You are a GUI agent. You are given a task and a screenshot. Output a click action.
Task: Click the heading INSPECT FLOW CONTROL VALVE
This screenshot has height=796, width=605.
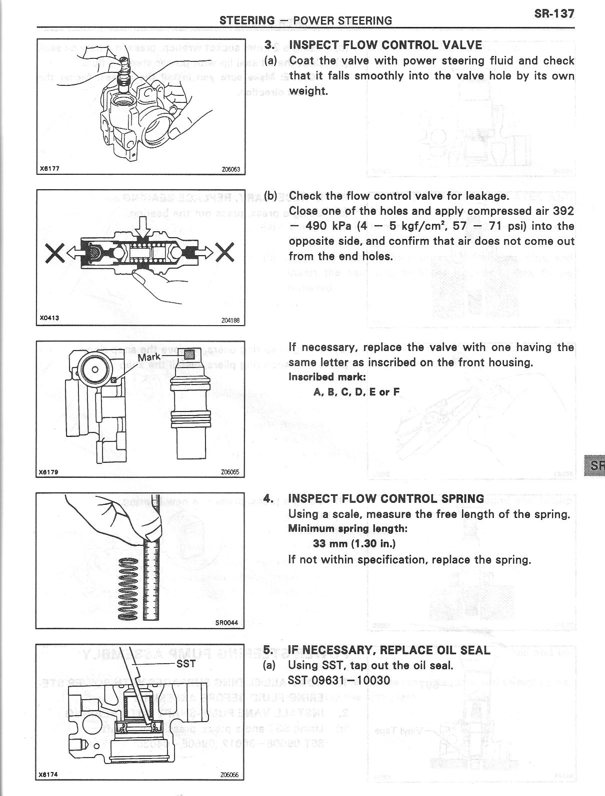[x=385, y=45]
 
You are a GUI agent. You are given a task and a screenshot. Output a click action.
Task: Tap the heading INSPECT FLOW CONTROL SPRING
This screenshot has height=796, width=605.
[x=386, y=498]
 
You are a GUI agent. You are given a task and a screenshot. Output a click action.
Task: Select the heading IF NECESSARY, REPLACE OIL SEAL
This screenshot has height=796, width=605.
[x=389, y=650]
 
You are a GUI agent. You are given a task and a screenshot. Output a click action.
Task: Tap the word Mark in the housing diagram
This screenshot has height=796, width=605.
[x=149, y=358]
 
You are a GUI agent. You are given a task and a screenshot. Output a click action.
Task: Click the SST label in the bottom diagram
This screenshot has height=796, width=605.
[x=186, y=664]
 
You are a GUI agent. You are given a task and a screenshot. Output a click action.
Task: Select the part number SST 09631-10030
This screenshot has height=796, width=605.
[x=339, y=680]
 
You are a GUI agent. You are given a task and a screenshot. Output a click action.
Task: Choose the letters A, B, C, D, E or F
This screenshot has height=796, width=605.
[x=356, y=392]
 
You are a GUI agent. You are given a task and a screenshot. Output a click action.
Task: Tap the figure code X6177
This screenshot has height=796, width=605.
[x=49, y=168]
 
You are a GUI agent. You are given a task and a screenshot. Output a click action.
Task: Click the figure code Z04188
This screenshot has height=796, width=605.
[x=230, y=321]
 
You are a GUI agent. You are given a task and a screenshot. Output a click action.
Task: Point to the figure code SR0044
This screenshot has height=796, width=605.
[x=226, y=623]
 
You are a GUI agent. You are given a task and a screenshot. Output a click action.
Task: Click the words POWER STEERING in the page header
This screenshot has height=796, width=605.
[x=342, y=20]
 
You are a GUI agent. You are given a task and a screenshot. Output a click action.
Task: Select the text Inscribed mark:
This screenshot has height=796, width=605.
[x=327, y=377]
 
